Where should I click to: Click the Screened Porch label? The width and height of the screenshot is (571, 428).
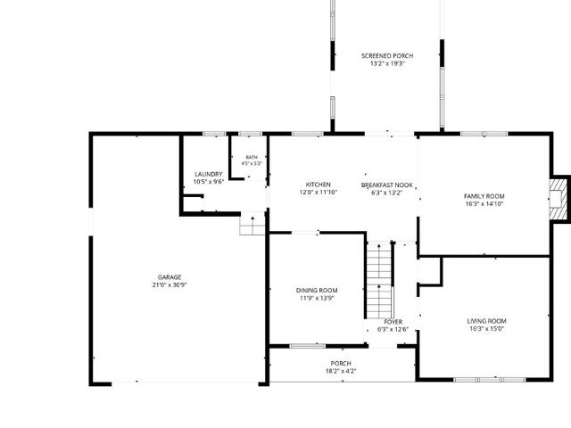[x=387, y=55]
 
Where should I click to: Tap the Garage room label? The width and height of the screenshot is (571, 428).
[x=170, y=277]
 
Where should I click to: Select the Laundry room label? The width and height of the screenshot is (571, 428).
[x=208, y=174]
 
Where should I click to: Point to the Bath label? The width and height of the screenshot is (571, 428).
[x=252, y=157]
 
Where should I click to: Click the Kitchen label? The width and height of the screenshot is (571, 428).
[x=318, y=185]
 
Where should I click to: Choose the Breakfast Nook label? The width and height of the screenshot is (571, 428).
[x=386, y=185]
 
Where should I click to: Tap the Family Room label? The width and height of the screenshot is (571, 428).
[x=484, y=196]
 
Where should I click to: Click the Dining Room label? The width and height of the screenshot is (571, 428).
[x=317, y=290]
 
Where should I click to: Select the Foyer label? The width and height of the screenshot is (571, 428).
[x=393, y=322]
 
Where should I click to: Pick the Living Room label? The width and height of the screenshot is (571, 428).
[x=486, y=321]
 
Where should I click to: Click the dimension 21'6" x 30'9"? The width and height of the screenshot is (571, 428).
[x=170, y=285]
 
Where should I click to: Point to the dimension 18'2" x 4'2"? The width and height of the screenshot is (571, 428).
[x=341, y=371]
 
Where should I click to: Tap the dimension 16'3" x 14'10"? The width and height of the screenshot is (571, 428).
[x=484, y=204]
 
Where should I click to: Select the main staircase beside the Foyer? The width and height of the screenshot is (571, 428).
[x=379, y=280]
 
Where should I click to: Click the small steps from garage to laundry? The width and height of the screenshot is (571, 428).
[x=252, y=223]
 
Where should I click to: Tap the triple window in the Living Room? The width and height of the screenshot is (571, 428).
[x=490, y=380]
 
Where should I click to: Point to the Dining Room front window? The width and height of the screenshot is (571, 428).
[x=307, y=346]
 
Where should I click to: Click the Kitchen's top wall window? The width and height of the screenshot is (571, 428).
[x=307, y=134]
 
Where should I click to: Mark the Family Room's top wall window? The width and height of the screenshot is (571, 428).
[x=484, y=134]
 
